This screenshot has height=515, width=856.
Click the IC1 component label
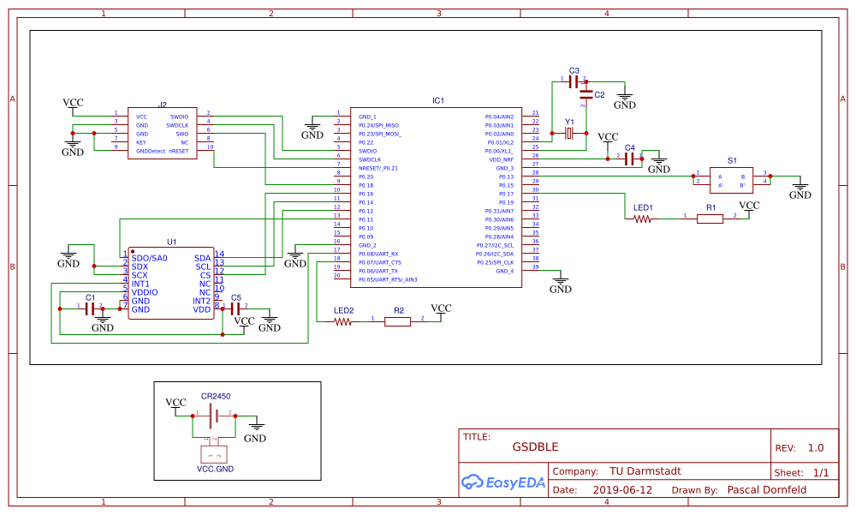pyautogui.click(x=437, y=101)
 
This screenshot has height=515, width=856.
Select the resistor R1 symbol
pyautogui.click(x=710, y=219)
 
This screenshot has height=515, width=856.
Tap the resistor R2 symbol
pyautogui.click(x=397, y=322)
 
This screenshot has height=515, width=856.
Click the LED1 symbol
pyautogui.click(x=642, y=219)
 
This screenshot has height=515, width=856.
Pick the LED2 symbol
pyautogui.click(x=342, y=322)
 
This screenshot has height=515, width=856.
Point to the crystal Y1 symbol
pyautogui.click(x=569, y=134)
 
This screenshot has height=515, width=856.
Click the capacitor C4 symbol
pyautogui.click(x=631, y=159)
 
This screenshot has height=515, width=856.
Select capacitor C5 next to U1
pyautogui.click(x=235, y=307)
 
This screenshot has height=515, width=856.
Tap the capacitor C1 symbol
pyautogui.click(x=90, y=308)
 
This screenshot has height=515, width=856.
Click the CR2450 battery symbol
pyautogui.click(x=216, y=416)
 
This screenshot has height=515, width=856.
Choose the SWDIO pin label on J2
pyautogui.click(x=179, y=117)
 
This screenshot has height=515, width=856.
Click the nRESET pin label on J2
pyautogui.click(x=178, y=151)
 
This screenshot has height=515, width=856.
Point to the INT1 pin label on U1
pyautogui.click(x=140, y=284)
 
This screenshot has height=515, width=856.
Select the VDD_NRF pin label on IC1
pyautogui.click(x=500, y=159)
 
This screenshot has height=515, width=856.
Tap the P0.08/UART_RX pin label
pyautogui.click(x=378, y=254)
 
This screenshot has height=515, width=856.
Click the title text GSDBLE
pyautogui.click(x=535, y=446)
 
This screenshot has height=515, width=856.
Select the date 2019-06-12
pyautogui.click(x=622, y=491)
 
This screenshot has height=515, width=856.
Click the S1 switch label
pyautogui.click(x=732, y=160)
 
